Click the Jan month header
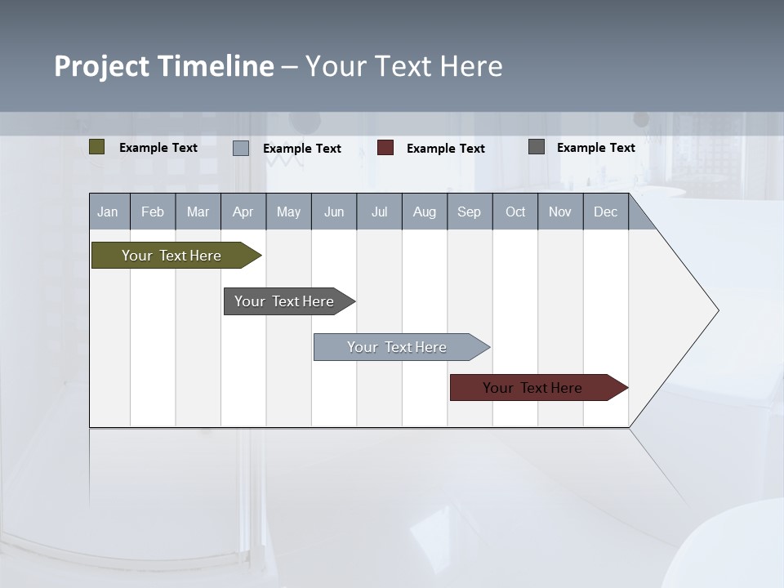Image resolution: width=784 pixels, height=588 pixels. coord(109,212)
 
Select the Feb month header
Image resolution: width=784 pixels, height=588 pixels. coord(153,212)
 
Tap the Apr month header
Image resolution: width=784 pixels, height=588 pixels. coord(243,212)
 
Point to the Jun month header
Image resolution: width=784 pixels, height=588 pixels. coord(334,212)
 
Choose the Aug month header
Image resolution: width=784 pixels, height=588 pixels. coord(425,212)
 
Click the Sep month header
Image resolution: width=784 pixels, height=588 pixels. coord(470,212)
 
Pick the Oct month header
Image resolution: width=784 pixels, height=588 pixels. coord(515,212)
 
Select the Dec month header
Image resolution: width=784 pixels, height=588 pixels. coord(606,212)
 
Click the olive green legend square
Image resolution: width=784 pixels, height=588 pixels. coord(97,147)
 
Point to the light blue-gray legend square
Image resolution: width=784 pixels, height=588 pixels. coord(241,148)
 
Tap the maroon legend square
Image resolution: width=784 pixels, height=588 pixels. coord(385,148)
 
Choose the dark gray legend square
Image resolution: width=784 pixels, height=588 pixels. coord(537,147)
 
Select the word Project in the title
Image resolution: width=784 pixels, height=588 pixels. coord(102,66)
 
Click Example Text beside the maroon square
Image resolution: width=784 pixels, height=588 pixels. coord(446,149)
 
